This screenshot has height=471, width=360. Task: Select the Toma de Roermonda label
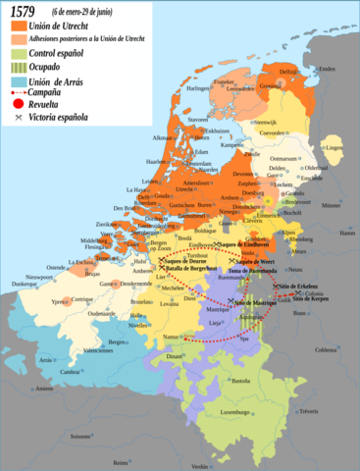pyautogui.click(x=247, y=268)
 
